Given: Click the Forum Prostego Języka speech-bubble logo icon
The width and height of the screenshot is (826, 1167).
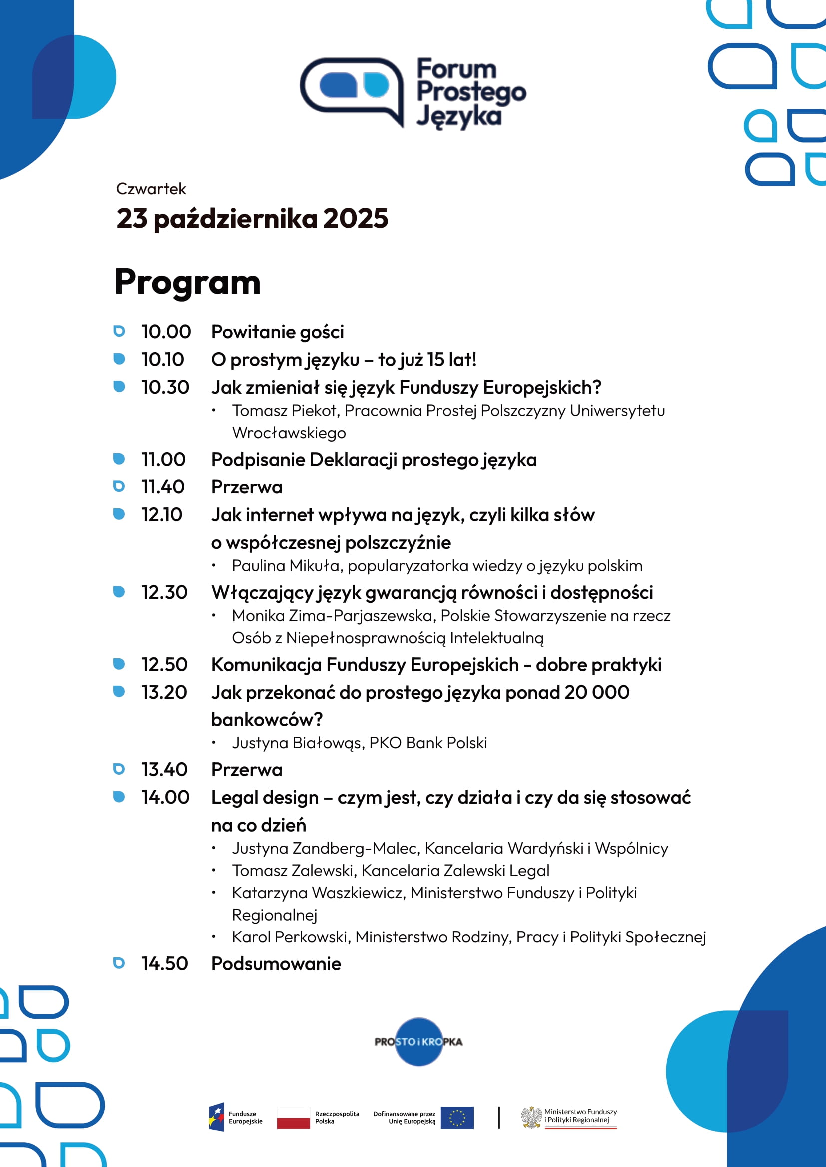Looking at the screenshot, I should tap(353, 89).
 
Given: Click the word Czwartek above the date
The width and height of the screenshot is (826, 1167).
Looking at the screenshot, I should tap(151, 189).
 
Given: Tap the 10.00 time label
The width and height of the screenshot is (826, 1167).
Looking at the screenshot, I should tap(166, 332).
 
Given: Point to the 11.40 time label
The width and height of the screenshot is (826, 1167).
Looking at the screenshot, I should tap(163, 487).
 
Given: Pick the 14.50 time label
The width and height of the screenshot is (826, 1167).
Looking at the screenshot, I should tap(165, 964).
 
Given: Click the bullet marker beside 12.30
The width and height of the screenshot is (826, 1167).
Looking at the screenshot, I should tap(119, 592).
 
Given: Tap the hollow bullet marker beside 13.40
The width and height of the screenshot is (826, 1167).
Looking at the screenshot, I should tap(119, 769).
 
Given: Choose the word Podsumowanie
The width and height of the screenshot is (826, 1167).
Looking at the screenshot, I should tap(276, 964).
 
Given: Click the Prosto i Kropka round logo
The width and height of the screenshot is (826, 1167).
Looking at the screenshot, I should tap(418, 1042).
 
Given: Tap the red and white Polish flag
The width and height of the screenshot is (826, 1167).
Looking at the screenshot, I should tap(294, 1117).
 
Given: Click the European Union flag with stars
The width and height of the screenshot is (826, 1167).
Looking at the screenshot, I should tap(457, 1117).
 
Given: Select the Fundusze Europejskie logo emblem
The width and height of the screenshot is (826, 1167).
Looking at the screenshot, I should tap(217, 1117).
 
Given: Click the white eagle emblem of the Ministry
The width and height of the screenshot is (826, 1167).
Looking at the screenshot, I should tap(531, 1117).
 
